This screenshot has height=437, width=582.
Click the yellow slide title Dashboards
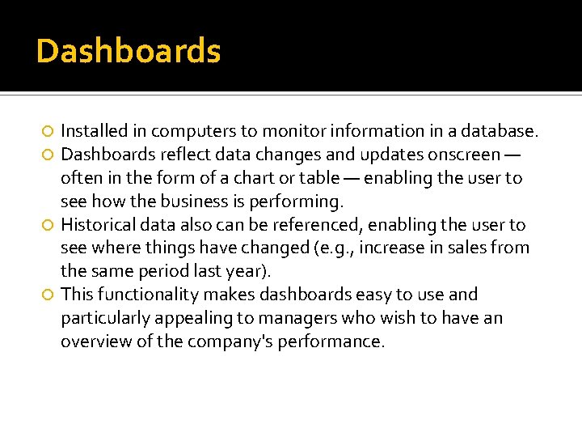[128, 52]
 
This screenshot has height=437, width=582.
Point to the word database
[503, 130]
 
